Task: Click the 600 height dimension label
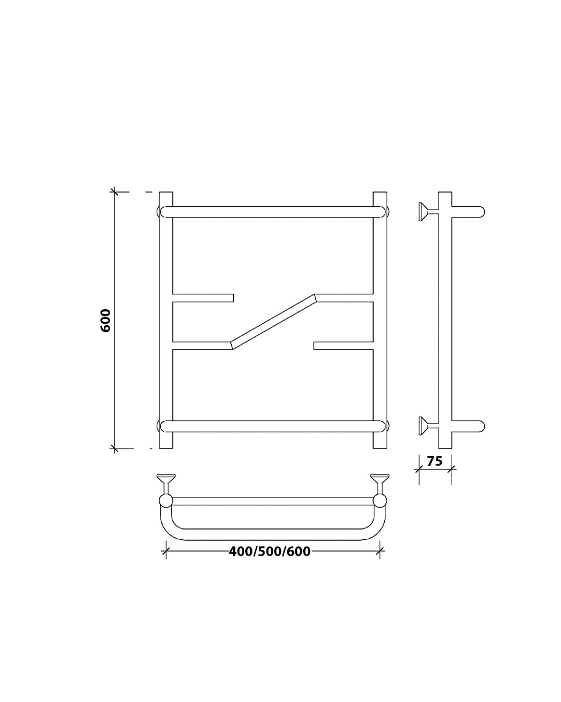pos(106,320)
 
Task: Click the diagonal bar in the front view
pos(273,322)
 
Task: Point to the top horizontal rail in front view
pos(273,212)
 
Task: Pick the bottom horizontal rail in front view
pos(273,426)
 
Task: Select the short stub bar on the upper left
pos(203,298)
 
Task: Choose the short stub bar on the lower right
pos(343,346)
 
